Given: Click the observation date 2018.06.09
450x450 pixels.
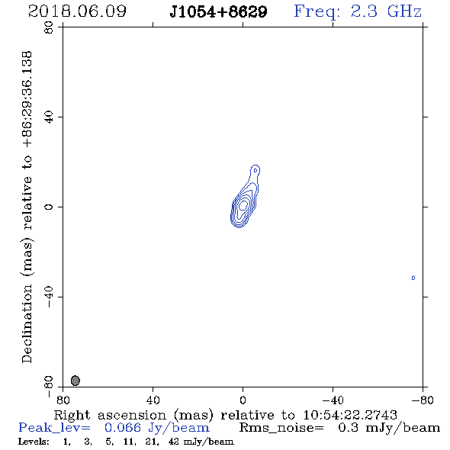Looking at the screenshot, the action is click(77, 11).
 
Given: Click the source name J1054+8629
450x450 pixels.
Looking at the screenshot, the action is click(218, 11).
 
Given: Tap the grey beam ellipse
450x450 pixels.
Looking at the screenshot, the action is click(76, 381).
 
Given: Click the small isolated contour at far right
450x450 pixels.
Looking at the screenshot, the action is click(413, 278).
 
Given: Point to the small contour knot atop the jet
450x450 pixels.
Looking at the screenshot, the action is click(256, 171).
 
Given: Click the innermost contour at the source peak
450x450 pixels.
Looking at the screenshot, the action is click(243, 205).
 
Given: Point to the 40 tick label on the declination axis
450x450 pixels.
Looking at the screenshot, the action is click(49, 117).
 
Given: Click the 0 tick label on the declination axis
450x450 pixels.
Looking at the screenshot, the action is click(49, 207).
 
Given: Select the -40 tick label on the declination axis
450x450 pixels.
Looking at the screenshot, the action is click(49, 297).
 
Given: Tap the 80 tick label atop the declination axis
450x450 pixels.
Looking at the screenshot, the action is click(49, 27).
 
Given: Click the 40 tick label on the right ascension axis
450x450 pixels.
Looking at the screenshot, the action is click(153, 400).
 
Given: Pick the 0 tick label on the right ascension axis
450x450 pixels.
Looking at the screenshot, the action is click(243, 400).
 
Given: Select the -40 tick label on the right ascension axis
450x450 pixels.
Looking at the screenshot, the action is click(333, 400).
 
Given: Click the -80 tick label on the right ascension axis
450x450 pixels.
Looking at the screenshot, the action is click(423, 400).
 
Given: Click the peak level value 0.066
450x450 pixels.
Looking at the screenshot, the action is click(123, 428).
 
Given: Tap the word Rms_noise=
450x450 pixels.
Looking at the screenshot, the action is click(281, 428).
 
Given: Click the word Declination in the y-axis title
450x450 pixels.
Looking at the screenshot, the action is click(27, 323).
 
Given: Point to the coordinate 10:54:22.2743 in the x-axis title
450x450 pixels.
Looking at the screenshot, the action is click(350, 415).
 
